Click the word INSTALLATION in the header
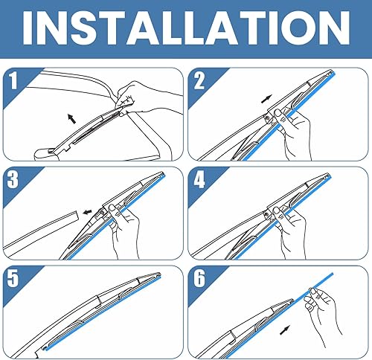coord(186,30)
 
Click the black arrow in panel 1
coord(71,117)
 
